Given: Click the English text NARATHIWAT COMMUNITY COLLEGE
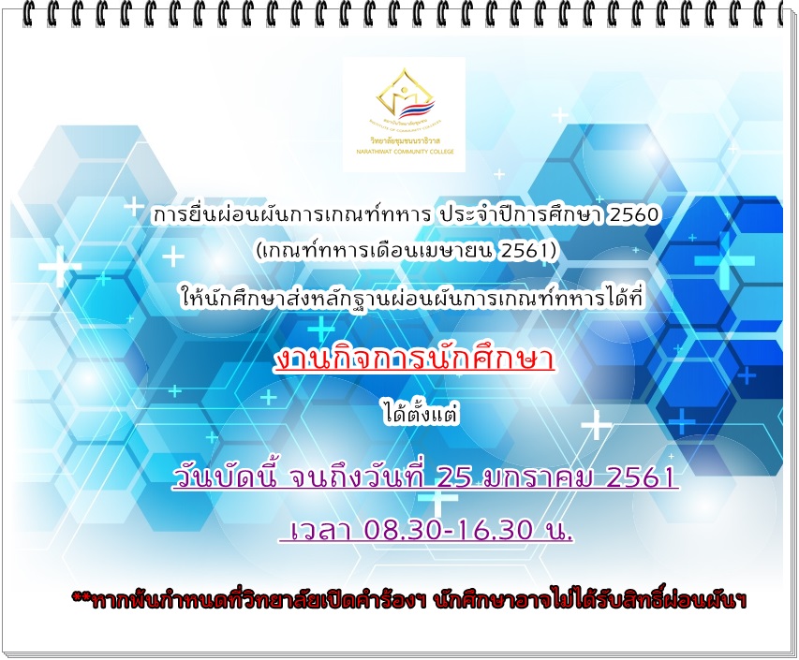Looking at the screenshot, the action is point(405,152).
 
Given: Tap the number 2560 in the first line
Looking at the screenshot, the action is point(634,215).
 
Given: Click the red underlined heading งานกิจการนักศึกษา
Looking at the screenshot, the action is point(414,359).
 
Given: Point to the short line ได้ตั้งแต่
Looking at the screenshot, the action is point(421,414).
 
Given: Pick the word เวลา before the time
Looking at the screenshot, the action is point(320,530).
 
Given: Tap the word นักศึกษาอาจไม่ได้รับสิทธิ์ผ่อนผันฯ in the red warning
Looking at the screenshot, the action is point(591,598).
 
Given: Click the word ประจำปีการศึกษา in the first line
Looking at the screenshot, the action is point(520,215).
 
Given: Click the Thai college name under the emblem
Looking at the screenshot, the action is point(405,140).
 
